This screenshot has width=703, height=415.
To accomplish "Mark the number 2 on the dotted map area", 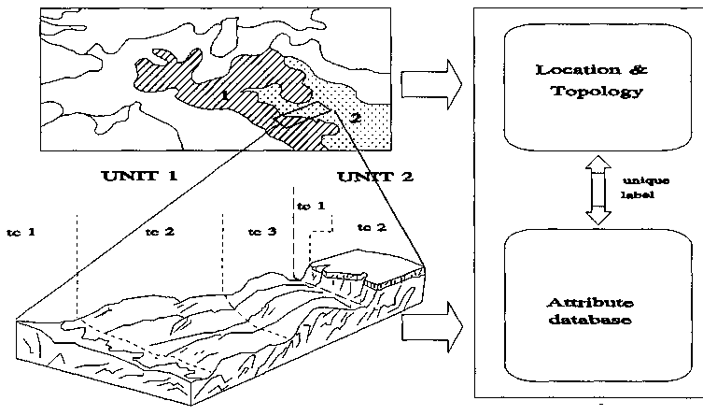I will point(355,116).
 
